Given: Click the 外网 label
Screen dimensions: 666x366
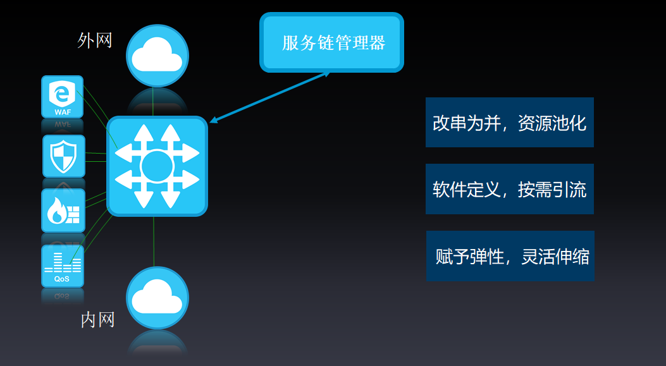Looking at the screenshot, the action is [95, 40].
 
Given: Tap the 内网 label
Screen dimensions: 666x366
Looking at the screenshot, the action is [97, 320].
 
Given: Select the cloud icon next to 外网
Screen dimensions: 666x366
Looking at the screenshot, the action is [157, 56].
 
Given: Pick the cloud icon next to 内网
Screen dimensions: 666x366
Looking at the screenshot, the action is [157, 298].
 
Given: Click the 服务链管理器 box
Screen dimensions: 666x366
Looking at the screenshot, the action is [331, 42].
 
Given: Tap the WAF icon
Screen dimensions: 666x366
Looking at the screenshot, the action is [63, 97].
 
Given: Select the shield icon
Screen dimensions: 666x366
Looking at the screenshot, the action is [64, 156].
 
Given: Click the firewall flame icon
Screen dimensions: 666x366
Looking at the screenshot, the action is [63, 210].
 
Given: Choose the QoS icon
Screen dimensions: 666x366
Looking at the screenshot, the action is [63, 266].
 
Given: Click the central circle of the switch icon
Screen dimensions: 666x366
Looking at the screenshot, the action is [157, 166].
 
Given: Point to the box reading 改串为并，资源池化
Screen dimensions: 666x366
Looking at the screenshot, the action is [510, 122].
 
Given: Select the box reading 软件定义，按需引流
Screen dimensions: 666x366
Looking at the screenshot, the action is [510, 189].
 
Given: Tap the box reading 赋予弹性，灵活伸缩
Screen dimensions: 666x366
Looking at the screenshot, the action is [510, 256].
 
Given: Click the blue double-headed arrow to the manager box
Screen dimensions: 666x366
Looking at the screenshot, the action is [270, 97].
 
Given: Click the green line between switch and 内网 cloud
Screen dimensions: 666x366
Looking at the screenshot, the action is [154, 241].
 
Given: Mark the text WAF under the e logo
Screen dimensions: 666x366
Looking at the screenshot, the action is [63, 113].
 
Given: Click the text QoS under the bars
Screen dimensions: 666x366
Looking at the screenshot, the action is [61, 279].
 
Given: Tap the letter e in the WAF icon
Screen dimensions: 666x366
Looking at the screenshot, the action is [63, 94].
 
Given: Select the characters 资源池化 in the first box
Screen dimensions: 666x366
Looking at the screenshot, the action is [552, 123].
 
